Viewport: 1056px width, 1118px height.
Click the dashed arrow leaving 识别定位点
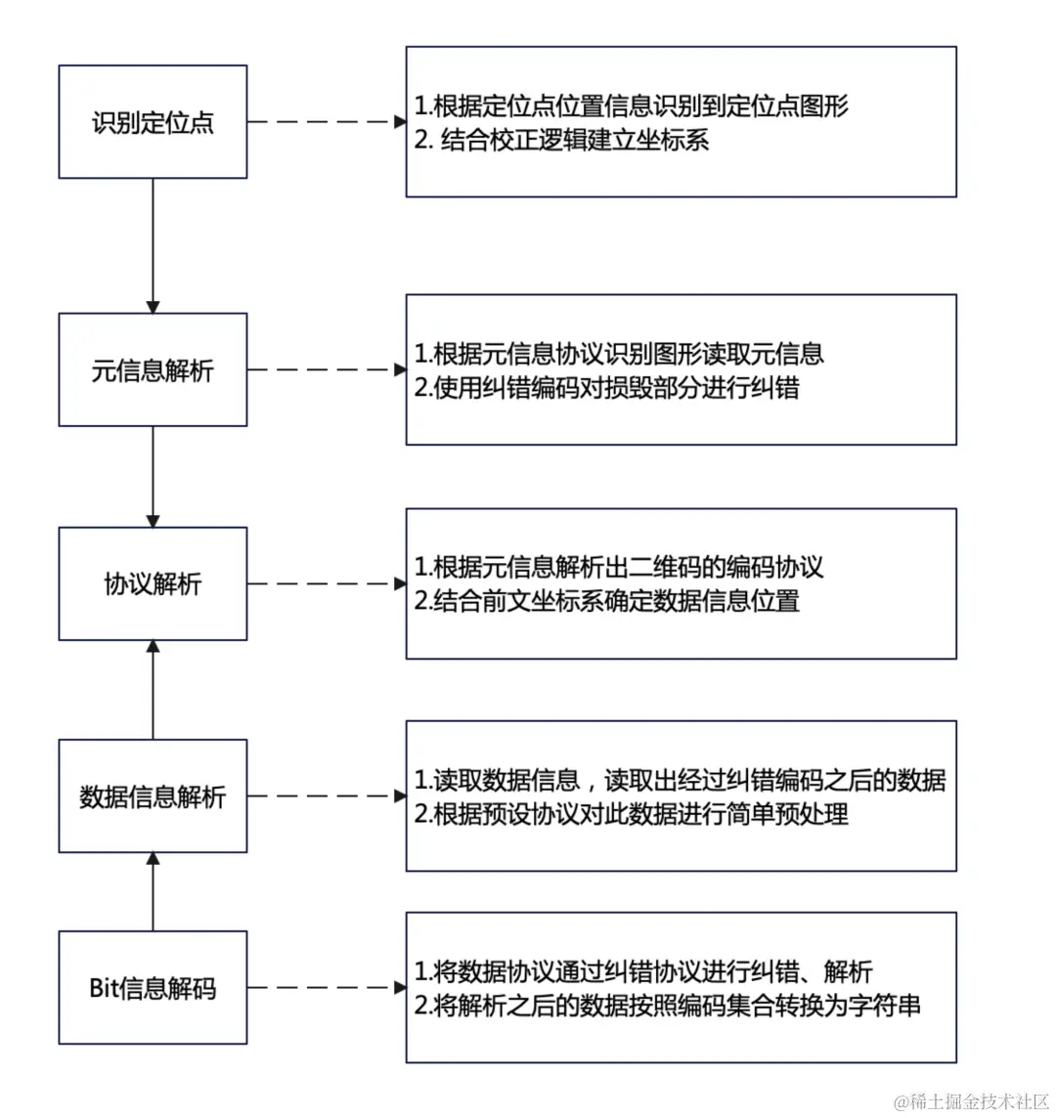coord(327,122)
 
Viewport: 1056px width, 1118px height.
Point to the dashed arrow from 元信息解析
coord(327,369)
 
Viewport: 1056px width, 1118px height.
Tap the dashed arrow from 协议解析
coord(327,584)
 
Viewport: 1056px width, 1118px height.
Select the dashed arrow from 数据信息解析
coord(327,795)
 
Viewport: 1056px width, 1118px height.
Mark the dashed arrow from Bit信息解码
coord(327,987)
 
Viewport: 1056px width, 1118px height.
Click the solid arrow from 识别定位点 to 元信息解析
coord(153,246)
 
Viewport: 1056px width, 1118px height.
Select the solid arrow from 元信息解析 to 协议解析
coord(153,477)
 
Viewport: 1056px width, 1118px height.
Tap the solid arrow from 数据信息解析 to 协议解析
coord(153,690)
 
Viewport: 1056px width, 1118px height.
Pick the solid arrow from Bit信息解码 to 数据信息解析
coord(153,892)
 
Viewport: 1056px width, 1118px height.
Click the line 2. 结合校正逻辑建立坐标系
coord(561,140)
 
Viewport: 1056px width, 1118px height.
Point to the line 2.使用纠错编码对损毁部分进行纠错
coord(606,387)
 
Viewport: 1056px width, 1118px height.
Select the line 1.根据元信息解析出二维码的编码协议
coord(619,567)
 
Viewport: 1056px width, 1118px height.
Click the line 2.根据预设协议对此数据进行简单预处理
coord(632,813)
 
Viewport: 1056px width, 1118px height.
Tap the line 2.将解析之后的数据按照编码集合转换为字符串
coord(667,1006)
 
